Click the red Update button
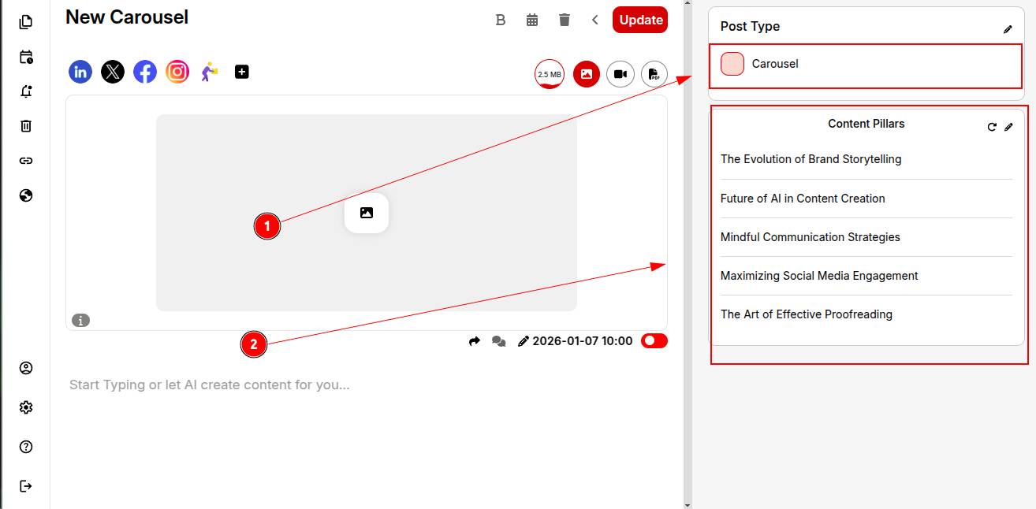pyautogui.click(x=639, y=20)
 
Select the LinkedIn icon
pyautogui.click(x=80, y=72)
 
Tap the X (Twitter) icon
pyautogui.click(x=113, y=72)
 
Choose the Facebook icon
pyautogui.click(x=145, y=72)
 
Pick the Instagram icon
pyautogui.click(x=177, y=72)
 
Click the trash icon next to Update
pyautogui.click(x=565, y=20)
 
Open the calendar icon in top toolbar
pyautogui.click(x=532, y=20)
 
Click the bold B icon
pyautogui.click(x=501, y=20)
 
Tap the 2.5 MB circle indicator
pyautogui.click(x=550, y=74)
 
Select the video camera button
pyautogui.click(x=620, y=74)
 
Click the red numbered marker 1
pyautogui.click(x=267, y=226)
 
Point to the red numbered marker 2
pyautogui.click(x=254, y=344)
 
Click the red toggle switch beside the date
pyautogui.click(x=654, y=341)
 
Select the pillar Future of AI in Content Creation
pyautogui.click(x=803, y=199)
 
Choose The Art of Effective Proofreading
pyautogui.click(x=806, y=314)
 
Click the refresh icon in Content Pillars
pyautogui.click(x=992, y=127)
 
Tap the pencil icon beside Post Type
pyautogui.click(x=1008, y=30)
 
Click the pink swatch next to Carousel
pyautogui.click(x=732, y=64)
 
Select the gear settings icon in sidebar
pyautogui.click(x=26, y=407)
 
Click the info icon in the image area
pyautogui.click(x=81, y=321)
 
